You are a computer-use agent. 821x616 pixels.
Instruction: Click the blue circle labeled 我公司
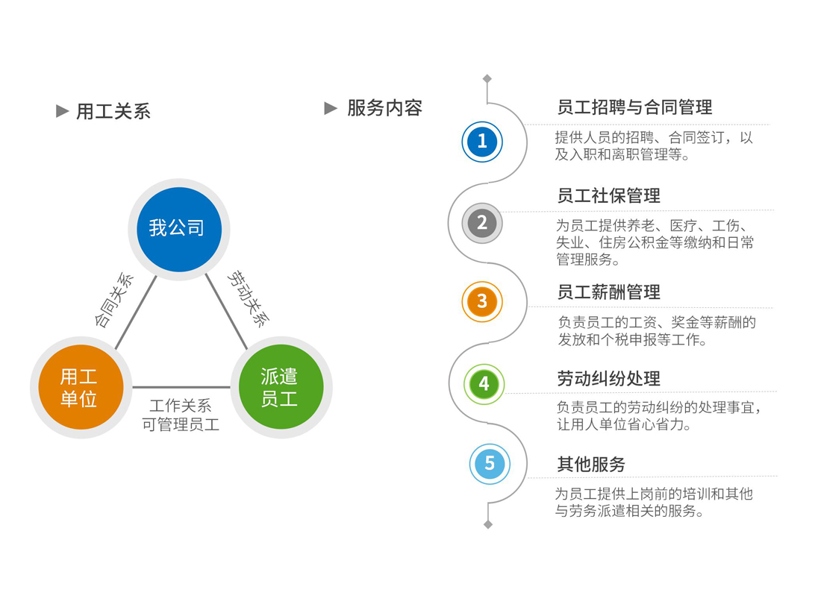[x=179, y=229]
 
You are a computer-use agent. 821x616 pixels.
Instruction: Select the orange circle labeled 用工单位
[x=79, y=387]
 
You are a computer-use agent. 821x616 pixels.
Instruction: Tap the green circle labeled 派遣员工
[x=281, y=387]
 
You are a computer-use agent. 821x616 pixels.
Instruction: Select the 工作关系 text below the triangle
[x=181, y=406]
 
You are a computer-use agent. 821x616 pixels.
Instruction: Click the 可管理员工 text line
[x=181, y=426]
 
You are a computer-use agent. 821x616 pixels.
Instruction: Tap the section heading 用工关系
[x=113, y=112]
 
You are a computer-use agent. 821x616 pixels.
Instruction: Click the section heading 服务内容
[x=384, y=108]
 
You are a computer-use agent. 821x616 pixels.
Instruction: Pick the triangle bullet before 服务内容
[x=331, y=108]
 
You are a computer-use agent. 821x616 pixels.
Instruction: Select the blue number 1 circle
[x=482, y=141]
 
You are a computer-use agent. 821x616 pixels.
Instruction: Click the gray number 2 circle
[x=482, y=222]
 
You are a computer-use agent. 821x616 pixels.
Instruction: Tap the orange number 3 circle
[x=482, y=301]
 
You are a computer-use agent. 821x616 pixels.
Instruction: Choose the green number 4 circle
[x=484, y=384]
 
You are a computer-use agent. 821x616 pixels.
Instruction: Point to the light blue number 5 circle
[x=489, y=464]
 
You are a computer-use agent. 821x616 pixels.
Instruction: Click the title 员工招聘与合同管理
[x=634, y=107]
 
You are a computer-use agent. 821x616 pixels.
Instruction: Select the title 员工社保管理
[x=608, y=196]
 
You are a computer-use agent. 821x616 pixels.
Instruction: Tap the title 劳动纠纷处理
[x=608, y=379]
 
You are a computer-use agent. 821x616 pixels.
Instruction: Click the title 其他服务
[x=591, y=465]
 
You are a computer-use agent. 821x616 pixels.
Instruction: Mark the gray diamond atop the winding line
[x=487, y=79]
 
